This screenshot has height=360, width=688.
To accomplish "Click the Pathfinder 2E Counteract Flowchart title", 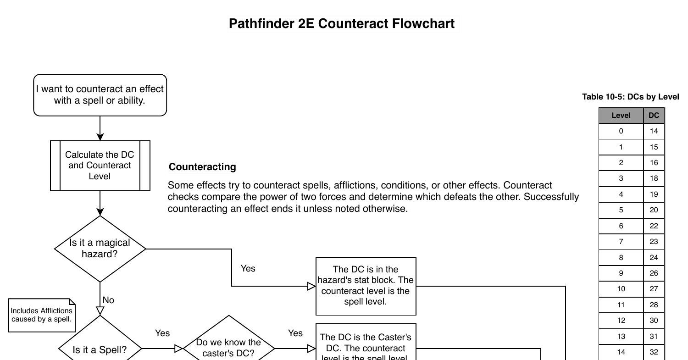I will pyautogui.click(x=342, y=24).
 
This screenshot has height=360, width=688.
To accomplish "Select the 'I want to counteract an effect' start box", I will pyautogui.click(x=100, y=95).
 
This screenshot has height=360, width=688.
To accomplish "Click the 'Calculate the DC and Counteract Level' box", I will pyautogui.click(x=100, y=166).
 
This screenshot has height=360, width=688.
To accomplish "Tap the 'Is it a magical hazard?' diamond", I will pyautogui.click(x=100, y=249).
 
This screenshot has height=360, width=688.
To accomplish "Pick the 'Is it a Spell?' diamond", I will pyautogui.click(x=100, y=349).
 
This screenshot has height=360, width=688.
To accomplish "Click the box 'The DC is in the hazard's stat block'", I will pyautogui.click(x=366, y=286).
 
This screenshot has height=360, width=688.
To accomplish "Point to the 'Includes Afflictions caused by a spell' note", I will pyautogui.click(x=41, y=315).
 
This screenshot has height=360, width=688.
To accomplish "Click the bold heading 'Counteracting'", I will pyautogui.click(x=202, y=167).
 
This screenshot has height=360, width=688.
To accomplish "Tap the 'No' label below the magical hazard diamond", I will pyautogui.click(x=108, y=300).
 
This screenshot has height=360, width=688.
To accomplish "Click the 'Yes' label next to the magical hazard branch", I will pyautogui.click(x=248, y=269).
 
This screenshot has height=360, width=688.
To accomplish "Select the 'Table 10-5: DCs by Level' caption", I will pyautogui.click(x=631, y=97).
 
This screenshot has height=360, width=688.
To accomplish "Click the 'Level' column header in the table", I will pyautogui.click(x=621, y=116).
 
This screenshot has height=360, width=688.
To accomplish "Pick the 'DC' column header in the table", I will pyautogui.click(x=654, y=116).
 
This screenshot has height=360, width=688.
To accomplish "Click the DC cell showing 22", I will pyautogui.click(x=654, y=226).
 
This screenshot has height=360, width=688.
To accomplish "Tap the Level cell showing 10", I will pyautogui.click(x=621, y=289).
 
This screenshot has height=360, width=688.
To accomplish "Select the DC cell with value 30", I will pyautogui.click(x=654, y=321).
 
